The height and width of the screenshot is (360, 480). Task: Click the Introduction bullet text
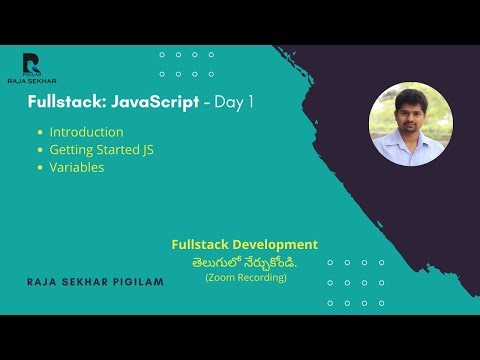[87, 132]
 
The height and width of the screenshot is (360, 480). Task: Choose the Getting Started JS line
[101, 150]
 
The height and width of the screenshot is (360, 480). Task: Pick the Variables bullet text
[77, 167]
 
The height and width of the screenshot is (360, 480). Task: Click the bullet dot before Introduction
[40, 133]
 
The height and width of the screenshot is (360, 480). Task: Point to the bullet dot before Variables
[40, 168]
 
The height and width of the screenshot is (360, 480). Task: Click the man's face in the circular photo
[409, 113]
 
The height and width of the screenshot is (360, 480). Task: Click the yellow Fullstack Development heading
[244, 244]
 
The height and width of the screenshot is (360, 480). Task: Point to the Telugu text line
[245, 261]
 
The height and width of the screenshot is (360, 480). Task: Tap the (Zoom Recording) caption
[245, 277]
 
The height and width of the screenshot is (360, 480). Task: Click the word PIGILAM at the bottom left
[138, 284]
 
